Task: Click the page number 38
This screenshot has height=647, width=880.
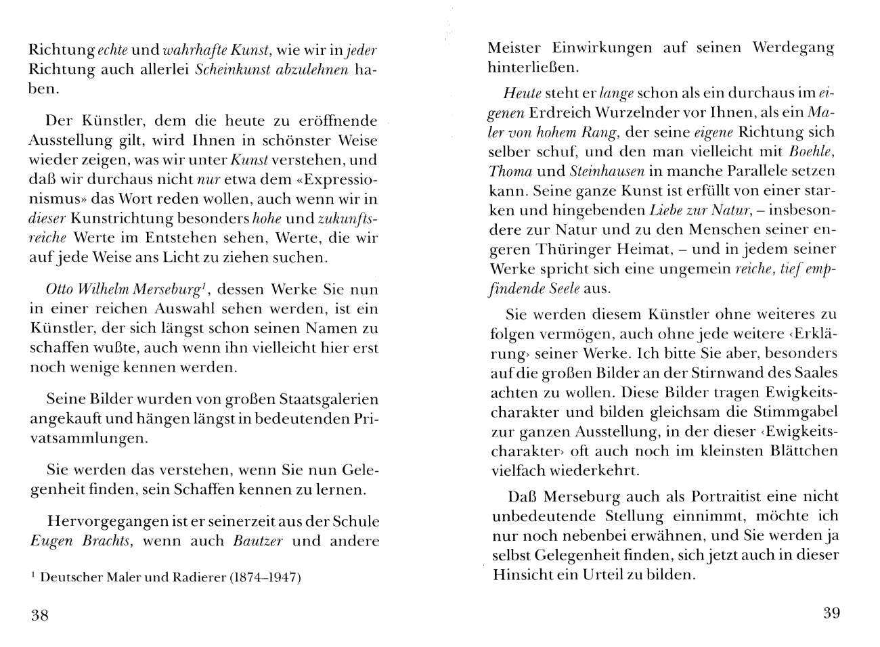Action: click(x=39, y=615)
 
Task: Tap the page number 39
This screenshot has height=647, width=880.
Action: click(x=831, y=613)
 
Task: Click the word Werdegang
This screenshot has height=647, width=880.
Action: click(x=793, y=48)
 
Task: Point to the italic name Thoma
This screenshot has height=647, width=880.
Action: click(x=508, y=171)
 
